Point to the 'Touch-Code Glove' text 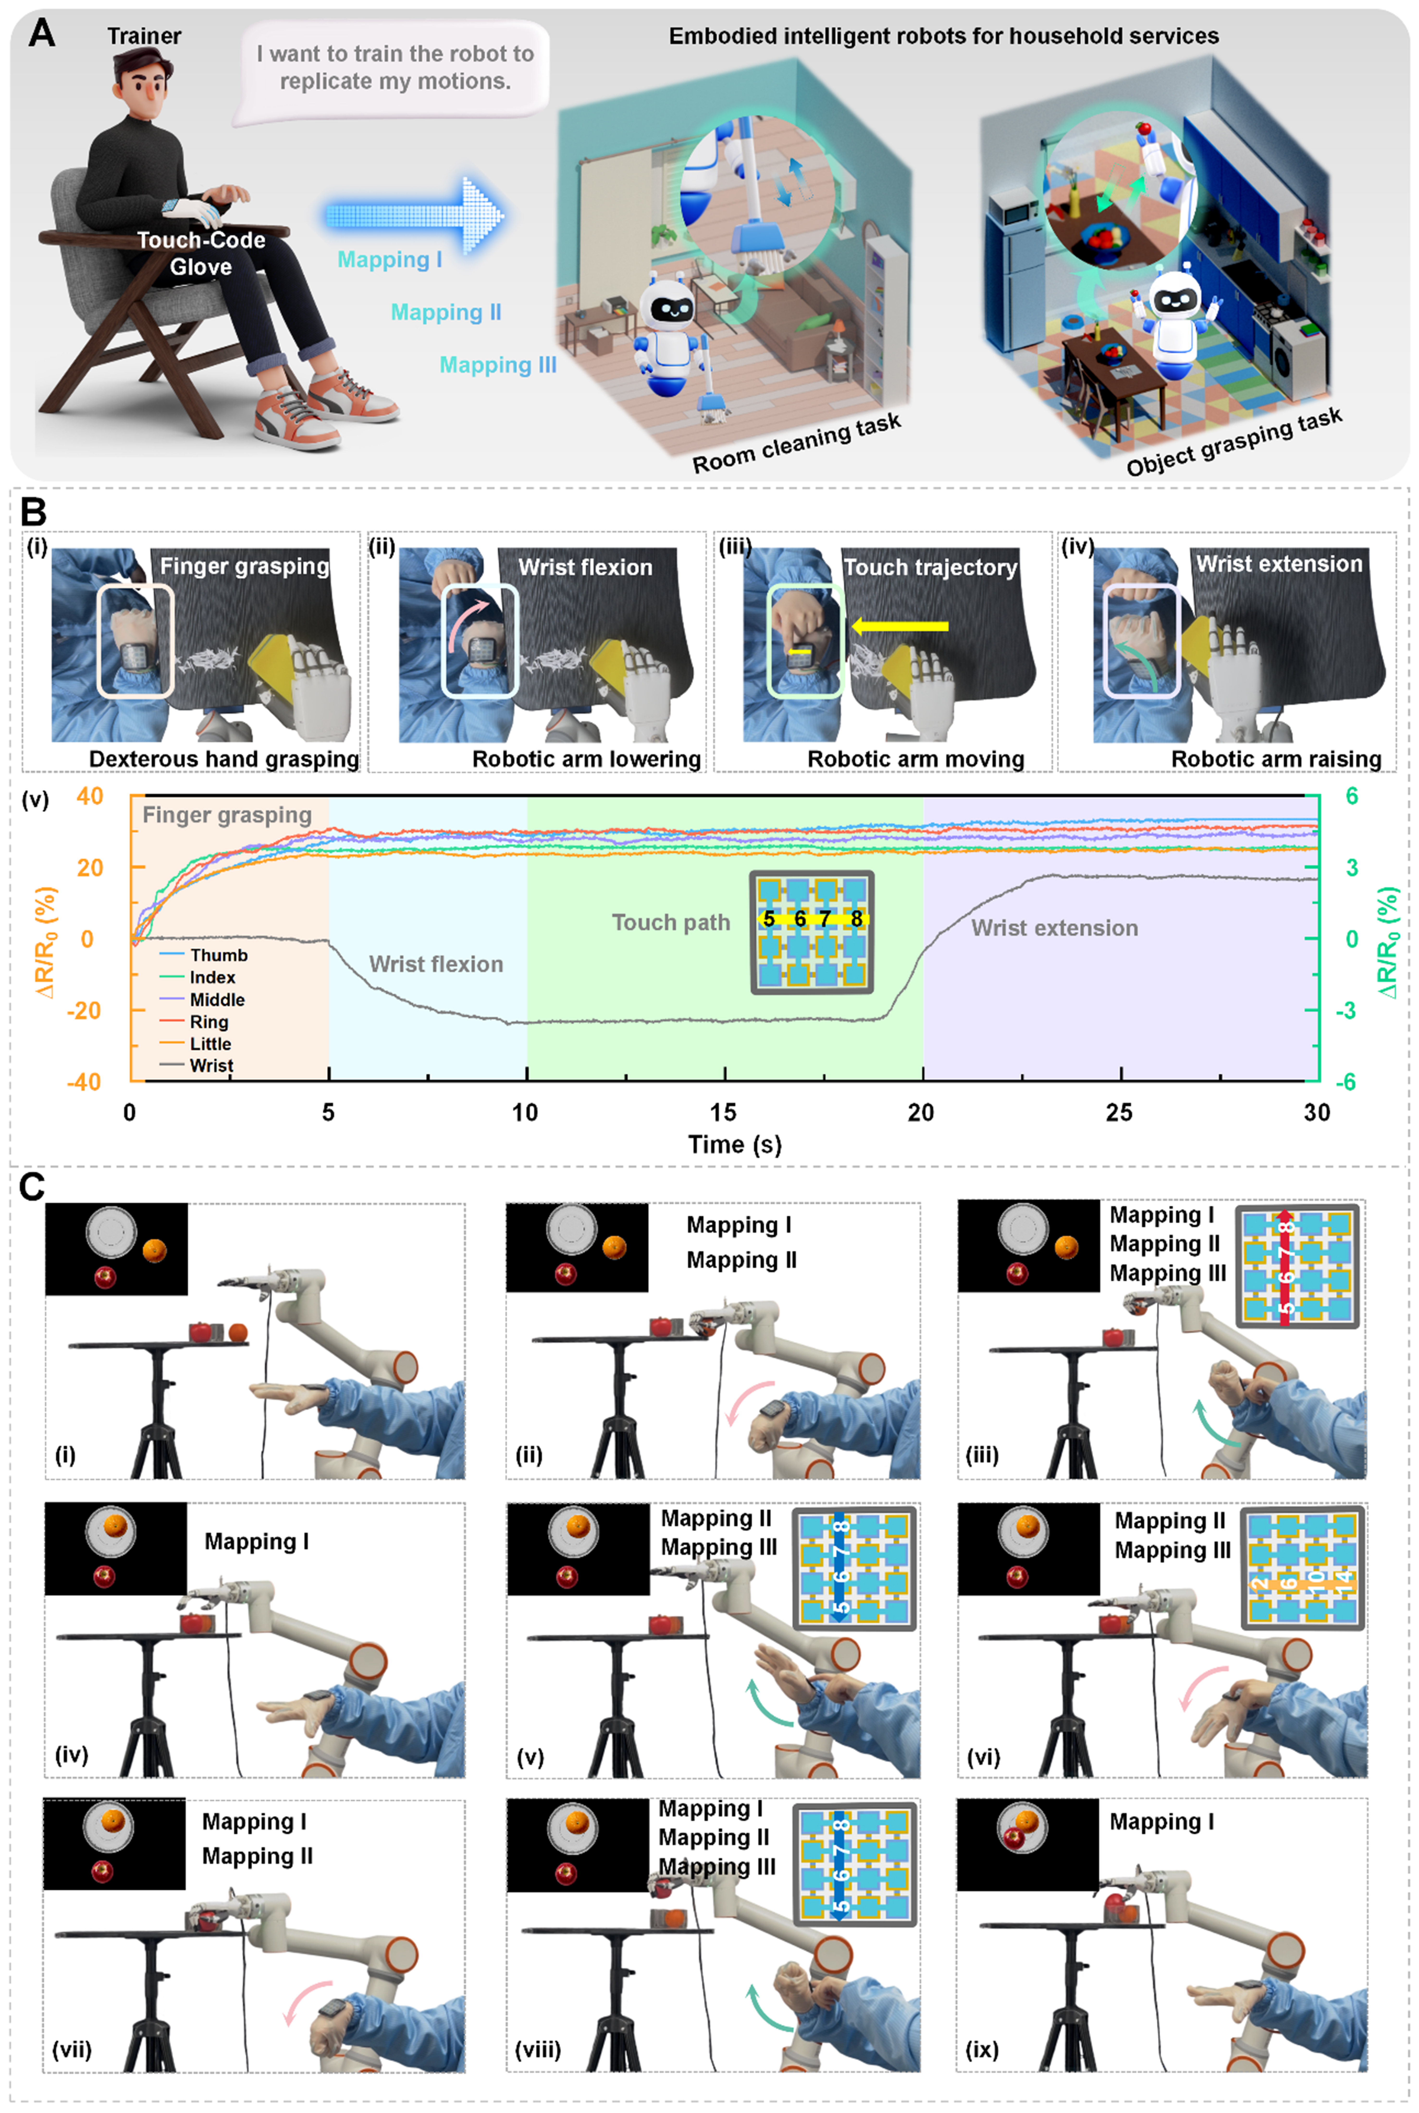[201, 254]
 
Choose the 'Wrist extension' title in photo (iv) [1279, 564]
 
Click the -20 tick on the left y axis [84, 1010]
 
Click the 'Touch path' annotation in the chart [671, 922]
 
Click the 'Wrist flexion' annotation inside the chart [436, 964]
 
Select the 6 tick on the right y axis [1351, 797]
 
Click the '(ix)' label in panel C [982, 2049]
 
